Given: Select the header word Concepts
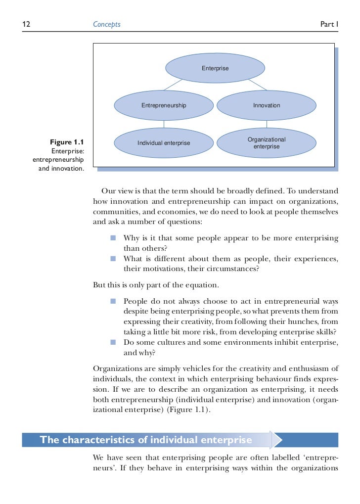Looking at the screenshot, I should (x=107, y=24).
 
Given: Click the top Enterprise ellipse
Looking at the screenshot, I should (x=215, y=68).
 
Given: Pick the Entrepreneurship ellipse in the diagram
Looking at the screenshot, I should (x=164, y=105).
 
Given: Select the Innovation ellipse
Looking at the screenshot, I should (x=267, y=105).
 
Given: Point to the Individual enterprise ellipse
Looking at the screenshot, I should (x=164, y=143).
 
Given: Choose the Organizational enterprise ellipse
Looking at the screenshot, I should (x=267, y=143).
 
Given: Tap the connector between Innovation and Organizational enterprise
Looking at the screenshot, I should (x=267, y=124).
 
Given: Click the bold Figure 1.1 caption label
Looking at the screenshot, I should (x=67, y=142).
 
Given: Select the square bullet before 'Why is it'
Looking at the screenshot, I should (x=113, y=237).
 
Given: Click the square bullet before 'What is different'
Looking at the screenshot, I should (x=113, y=259).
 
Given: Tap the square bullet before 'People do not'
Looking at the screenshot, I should (x=113, y=300).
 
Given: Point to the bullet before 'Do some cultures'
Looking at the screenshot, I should (x=113, y=342).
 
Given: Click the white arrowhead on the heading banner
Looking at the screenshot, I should (x=277, y=440).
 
